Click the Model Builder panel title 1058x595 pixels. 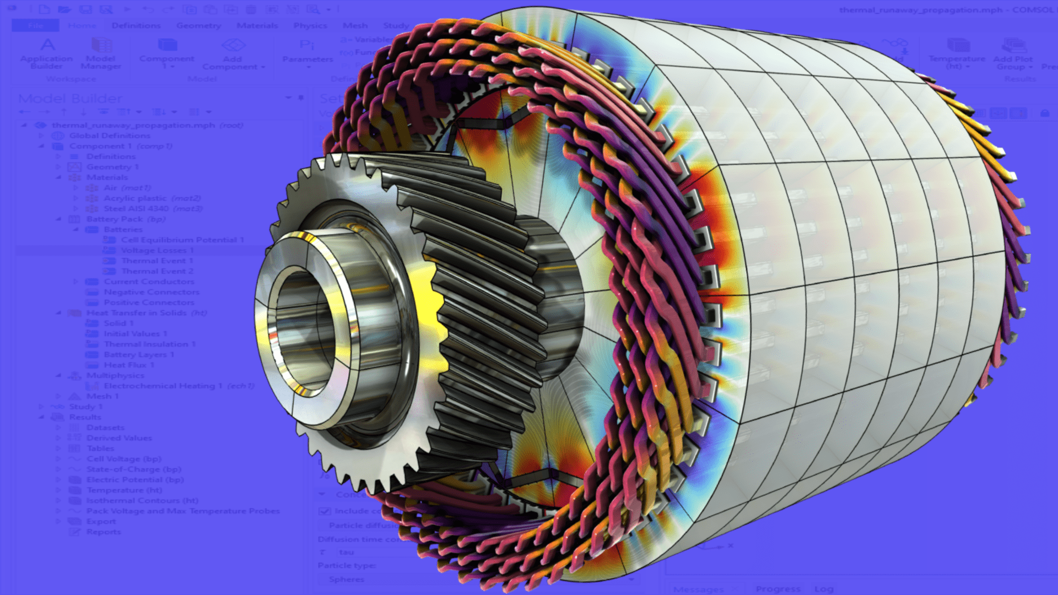click(70, 99)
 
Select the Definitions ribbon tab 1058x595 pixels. click(136, 25)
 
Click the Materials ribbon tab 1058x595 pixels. click(257, 25)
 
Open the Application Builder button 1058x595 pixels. click(46, 54)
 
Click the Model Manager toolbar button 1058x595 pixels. click(100, 54)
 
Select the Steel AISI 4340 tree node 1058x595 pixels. click(153, 209)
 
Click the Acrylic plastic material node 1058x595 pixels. click(152, 198)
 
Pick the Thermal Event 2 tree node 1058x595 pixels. click(156, 271)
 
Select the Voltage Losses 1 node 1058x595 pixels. click(156, 250)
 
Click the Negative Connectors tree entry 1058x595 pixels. click(151, 292)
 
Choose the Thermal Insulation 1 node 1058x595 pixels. click(149, 344)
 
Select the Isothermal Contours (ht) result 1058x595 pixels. click(142, 501)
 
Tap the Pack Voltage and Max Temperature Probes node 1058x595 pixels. click(182, 511)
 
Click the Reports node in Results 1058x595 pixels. click(103, 532)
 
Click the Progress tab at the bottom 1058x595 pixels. click(778, 589)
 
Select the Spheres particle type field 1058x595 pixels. click(346, 580)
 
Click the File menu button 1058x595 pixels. click(35, 25)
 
